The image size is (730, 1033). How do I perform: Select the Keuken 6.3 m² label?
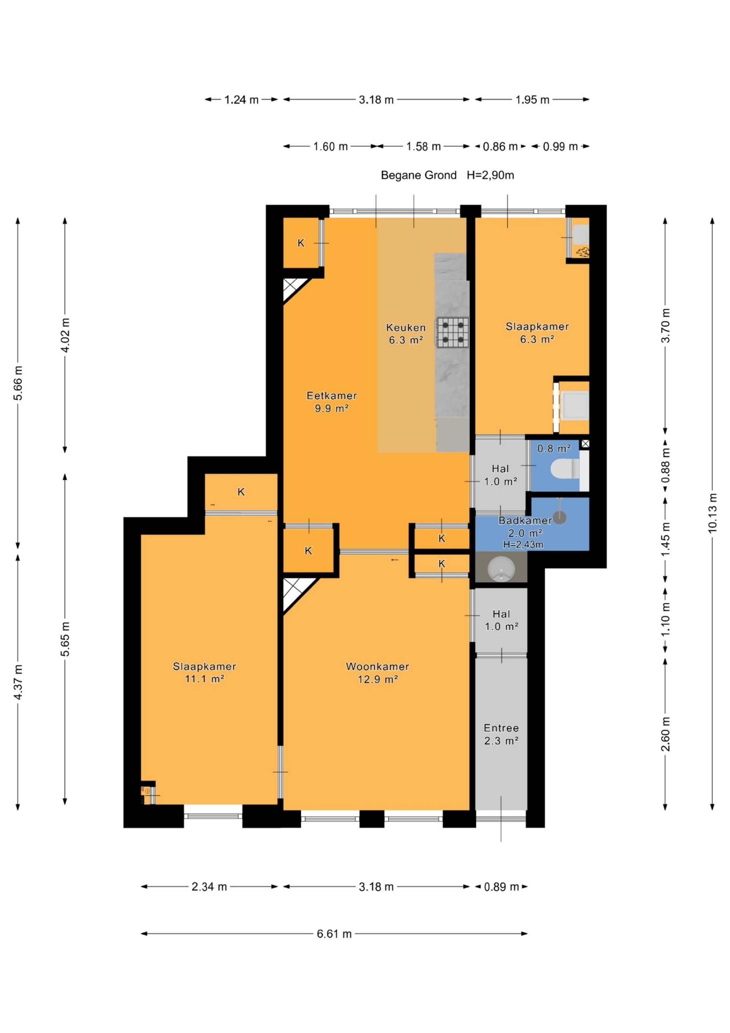coord(406,334)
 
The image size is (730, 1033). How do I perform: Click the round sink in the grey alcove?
coord(501,569)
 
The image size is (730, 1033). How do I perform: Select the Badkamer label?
coord(525,521)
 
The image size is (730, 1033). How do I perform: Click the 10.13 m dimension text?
coord(712,513)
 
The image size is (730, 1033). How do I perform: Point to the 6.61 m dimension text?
coord(334,934)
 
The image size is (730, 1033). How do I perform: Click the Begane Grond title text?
coord(419,175)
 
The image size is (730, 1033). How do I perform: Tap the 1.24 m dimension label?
coord(241,99)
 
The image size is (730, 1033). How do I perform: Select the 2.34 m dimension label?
coord(209,886)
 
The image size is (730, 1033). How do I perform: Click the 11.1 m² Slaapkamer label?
coord(205,672)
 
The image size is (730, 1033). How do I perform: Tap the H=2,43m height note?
coord(523,544)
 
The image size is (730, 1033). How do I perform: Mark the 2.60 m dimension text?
coord(666,734)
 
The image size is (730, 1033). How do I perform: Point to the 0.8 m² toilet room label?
coord(554,448)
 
